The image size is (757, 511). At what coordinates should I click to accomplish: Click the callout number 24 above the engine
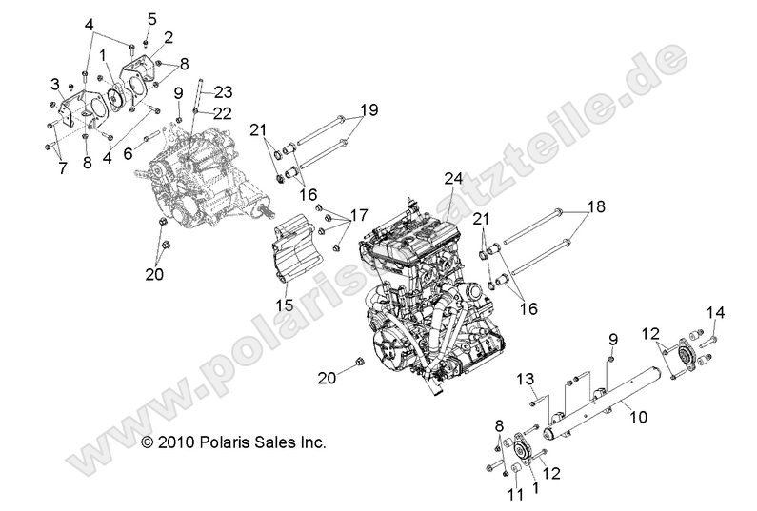coord(453,177)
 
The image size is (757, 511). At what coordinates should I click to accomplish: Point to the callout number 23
coord(223,92)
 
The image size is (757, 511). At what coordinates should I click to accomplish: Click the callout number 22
coord(222,112)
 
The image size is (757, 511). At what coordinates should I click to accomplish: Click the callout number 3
coord(56,84)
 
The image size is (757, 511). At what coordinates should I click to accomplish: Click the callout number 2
coord(169,37)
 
